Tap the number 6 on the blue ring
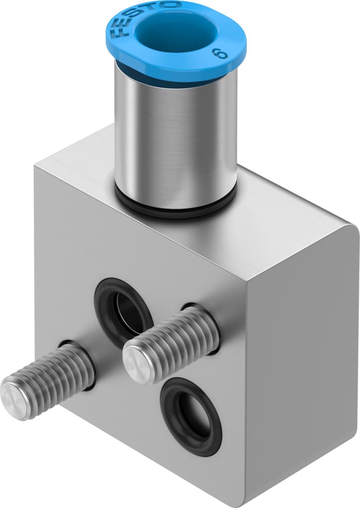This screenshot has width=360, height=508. [x=216, y=54]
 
